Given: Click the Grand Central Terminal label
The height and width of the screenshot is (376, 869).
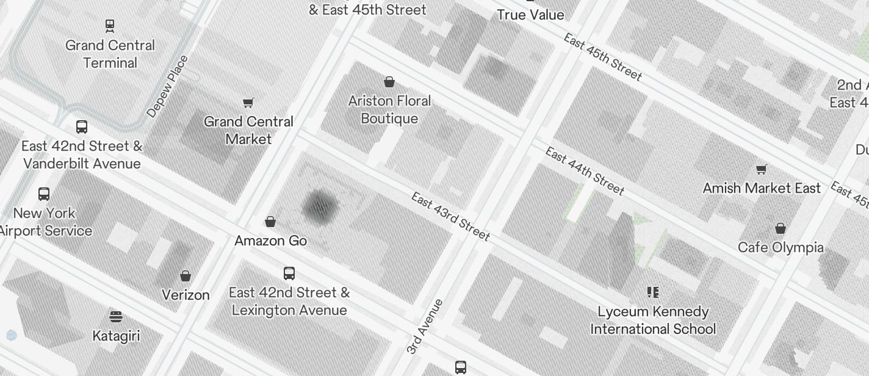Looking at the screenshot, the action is point(110,54).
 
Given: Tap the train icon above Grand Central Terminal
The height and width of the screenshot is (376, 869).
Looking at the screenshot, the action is point(110,25).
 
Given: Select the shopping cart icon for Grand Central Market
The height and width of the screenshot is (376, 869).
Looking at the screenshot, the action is point(248,102).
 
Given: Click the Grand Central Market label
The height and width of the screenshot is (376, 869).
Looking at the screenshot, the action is point(248,130).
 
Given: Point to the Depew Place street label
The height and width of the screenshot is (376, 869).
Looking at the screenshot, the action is point(168,86).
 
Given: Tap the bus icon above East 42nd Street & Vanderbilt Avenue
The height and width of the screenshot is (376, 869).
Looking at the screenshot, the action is point(82,126).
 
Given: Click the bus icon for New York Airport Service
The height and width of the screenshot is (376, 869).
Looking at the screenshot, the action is point(44,193).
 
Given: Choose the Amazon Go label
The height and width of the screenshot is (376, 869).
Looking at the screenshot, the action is point(270,240).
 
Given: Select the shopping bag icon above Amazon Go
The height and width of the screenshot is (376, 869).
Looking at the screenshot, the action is point(270,221).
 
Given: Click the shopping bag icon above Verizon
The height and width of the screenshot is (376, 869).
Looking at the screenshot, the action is point(186,276).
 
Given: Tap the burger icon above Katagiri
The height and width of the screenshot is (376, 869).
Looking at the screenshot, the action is point(116,316).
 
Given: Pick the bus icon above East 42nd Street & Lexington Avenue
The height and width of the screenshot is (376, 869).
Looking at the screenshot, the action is point(289,273).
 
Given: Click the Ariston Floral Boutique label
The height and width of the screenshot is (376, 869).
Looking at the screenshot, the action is point(389,109).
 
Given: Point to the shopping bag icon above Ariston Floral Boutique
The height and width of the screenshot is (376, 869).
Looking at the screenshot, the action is point(389,81).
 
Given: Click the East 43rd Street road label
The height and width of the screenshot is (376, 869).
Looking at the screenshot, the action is point(450,216).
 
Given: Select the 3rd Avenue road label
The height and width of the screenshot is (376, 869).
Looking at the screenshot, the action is point(425,327).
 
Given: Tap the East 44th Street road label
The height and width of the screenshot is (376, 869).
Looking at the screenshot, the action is point(585,171).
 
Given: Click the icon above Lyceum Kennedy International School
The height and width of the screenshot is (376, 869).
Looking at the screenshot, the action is point(653,292).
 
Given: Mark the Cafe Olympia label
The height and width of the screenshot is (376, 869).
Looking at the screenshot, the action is point(781,247).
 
